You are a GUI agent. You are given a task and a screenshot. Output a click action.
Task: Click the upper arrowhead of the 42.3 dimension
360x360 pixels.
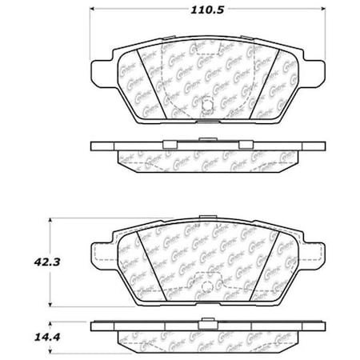tap(53, 218)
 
